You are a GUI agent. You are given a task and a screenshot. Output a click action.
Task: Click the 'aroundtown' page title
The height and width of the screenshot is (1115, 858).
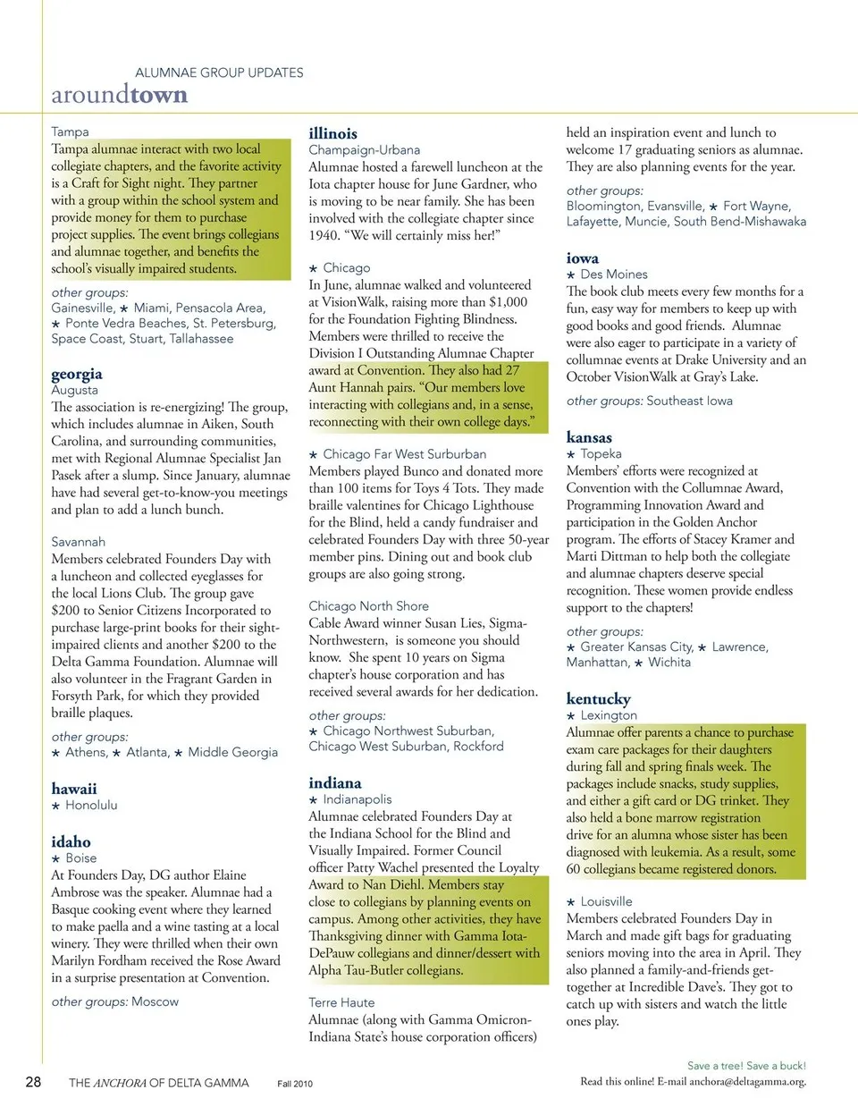coord(119,95)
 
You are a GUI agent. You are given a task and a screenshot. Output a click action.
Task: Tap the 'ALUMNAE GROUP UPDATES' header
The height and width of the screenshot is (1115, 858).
coord(219,72)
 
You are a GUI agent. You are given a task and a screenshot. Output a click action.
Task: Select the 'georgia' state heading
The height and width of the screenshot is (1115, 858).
coord(77,374)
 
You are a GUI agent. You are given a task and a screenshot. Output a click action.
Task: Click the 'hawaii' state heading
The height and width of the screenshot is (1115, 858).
coord(74,789)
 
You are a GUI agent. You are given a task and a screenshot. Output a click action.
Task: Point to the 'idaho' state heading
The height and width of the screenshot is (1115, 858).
coord(71,841)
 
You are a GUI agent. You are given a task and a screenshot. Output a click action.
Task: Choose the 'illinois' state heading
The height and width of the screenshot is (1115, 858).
coord(332,133)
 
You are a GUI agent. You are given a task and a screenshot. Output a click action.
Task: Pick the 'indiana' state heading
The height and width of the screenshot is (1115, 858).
coord(335,782)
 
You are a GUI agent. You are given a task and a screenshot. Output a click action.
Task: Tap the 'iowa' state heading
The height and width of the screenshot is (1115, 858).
coord(582,258)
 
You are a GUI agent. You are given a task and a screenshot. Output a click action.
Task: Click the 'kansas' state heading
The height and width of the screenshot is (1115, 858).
coord(589,437)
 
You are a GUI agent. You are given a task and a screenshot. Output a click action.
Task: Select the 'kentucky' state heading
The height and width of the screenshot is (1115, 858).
coord(598,698)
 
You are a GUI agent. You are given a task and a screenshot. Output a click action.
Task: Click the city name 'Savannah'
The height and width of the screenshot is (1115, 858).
coord(78,542)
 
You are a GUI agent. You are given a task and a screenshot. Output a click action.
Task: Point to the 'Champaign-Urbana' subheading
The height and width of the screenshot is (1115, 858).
coord(364,150)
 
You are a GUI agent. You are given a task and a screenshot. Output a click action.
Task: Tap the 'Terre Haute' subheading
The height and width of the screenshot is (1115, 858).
coord(341,1003)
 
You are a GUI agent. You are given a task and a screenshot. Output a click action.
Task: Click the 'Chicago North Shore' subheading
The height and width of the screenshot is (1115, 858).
coord(368,606)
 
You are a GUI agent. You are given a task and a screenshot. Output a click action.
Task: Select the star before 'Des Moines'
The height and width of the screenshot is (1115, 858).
coord(571,275)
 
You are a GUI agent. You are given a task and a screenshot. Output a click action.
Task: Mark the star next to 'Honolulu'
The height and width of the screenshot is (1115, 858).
coord(55,806)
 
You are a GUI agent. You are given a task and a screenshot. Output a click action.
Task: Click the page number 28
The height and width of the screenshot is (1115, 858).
coord(33,1082)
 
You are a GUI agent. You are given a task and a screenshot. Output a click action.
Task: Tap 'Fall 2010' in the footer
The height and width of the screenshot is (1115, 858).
coord(295,1084)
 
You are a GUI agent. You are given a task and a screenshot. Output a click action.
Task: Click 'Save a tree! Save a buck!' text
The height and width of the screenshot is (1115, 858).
coord(746,1066)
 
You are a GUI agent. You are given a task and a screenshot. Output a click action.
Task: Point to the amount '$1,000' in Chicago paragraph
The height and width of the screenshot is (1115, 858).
coord(508,302)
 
